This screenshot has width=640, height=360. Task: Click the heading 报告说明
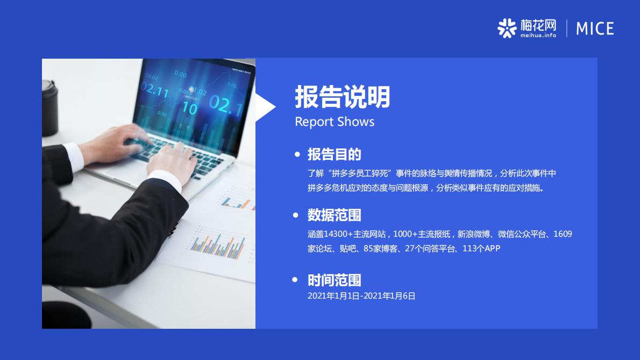click(342, 97)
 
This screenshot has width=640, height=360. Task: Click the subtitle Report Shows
click(334, 122)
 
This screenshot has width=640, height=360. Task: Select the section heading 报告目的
click(334, 154)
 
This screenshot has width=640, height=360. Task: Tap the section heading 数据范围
click(334, 215)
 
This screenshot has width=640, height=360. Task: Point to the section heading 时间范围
click(334, 280)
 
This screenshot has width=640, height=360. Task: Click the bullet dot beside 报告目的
click(296, 155)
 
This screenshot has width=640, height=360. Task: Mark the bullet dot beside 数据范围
click(295, 215)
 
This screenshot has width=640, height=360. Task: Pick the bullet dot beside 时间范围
click(295, 280)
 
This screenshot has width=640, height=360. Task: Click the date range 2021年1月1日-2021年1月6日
click(361, 295)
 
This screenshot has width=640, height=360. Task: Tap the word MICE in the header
click(595, 29)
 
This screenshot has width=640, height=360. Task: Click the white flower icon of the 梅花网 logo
click(507, 28)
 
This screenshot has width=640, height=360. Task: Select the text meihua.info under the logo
click(538, 36)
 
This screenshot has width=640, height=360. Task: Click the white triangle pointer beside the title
click(264, 107)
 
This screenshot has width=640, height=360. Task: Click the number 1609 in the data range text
click(563, 234)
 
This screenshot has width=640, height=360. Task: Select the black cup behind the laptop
click(49, 108)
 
